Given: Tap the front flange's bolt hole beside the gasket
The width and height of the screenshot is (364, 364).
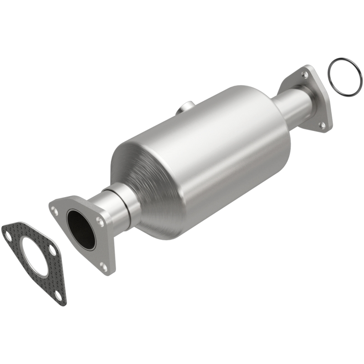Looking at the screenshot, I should coord(55,210).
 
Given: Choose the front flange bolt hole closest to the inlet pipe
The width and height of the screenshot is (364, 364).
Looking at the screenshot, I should coord(99,222).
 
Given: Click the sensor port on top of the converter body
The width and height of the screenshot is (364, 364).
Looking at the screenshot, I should coord(184,108).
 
